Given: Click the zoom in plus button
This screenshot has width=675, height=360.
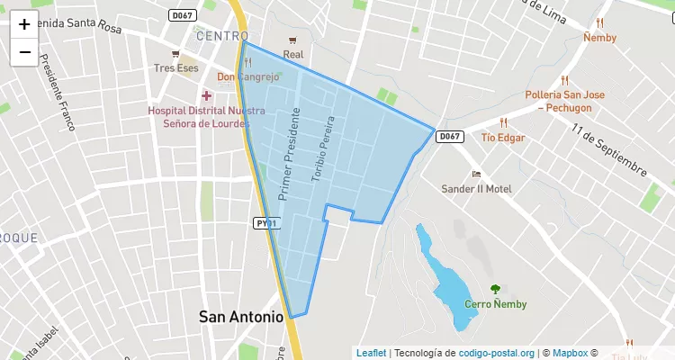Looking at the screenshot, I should pyautogui.click(x=24, y=25).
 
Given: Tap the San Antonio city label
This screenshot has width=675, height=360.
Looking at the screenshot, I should pyautogui.click(x=240, y=316).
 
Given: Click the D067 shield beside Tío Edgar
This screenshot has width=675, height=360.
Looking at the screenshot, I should pyautogui.click(x=450, y=137).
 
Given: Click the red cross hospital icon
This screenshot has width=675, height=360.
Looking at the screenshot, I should pyautogui.click(x=207, y=95).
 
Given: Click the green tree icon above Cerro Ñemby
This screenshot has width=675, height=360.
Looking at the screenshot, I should pyautogui.click(x=495, y=289).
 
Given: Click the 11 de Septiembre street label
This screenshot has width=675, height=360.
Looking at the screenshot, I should pyautogui.click(x=609, y=150).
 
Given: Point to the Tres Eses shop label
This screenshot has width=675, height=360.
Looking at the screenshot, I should pyautogui.click(x=175, y=68).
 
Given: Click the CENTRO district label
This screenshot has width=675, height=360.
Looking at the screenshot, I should pyautogui.click(x=221, y=36).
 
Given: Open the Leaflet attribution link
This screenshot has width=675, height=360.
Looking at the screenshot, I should pyautogui.click(x=371, y=353).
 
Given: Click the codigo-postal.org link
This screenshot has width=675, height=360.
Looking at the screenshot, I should pyautogui.click(x=496, y=353).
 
